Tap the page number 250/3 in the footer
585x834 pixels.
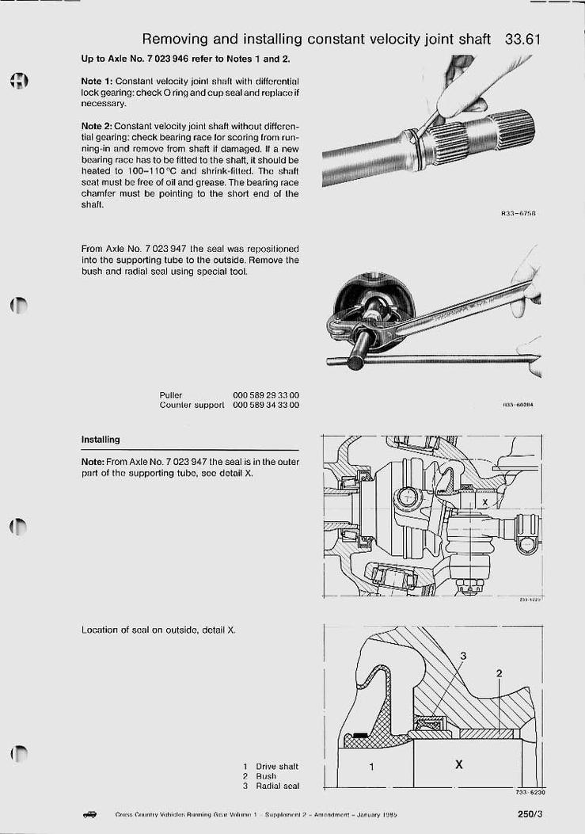point(530,813)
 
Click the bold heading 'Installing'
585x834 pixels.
point(101,440)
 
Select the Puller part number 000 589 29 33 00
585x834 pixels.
point(266,395)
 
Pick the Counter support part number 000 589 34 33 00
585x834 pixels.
point(266,406)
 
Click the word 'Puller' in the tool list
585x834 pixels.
point(171,395)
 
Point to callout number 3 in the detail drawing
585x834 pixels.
point(464,656)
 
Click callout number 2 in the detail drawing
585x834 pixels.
point(499,674)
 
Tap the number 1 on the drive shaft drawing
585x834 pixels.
point(371,767)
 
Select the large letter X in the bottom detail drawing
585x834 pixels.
point(459,765)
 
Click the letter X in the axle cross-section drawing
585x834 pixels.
point(484,502)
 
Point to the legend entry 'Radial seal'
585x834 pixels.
point(277,786)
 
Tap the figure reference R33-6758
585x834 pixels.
point(519,213)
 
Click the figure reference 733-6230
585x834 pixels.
point(530,792)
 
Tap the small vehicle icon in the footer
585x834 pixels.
point(89,813)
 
